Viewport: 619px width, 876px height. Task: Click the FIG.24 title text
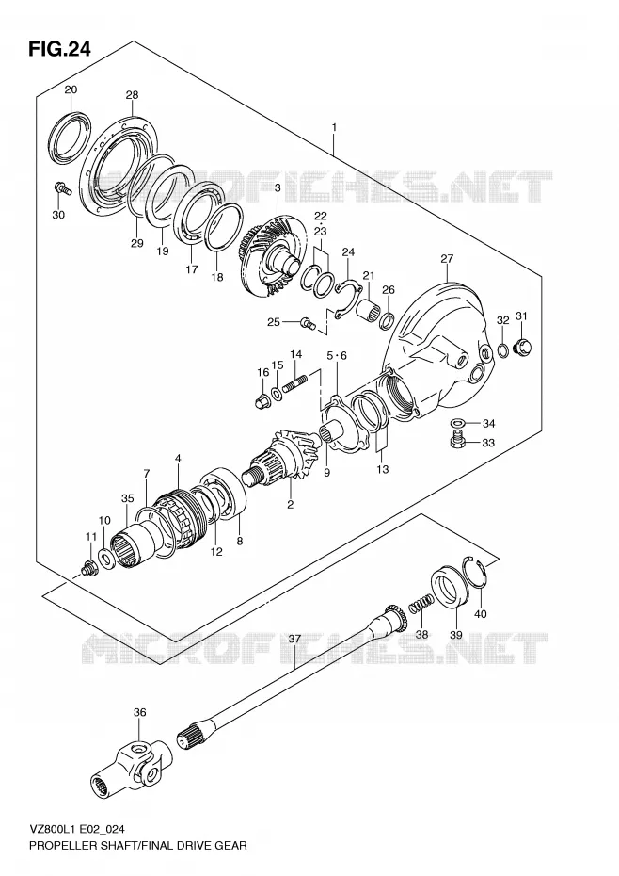tap(58, 49)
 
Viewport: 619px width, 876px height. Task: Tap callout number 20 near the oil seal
tap(71, 89)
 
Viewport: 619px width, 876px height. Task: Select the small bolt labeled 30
tap(62, 187)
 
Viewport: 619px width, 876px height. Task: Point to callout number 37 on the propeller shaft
tap(294, 639)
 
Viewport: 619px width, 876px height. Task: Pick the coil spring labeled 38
tap(421, 604)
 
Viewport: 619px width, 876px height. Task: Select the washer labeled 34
tap(456, 421)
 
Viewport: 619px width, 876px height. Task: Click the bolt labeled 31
tap(524, 347)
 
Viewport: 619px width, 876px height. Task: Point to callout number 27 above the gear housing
tap(447, 258)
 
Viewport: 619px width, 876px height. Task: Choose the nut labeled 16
tap(261, 400)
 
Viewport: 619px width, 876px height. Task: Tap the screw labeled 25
tap(309, 322)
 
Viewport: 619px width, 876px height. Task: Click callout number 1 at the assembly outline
tap(334, 127)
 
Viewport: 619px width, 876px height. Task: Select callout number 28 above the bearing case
tap(132, 95)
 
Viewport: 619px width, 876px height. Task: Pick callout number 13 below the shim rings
tap(382, 469)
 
